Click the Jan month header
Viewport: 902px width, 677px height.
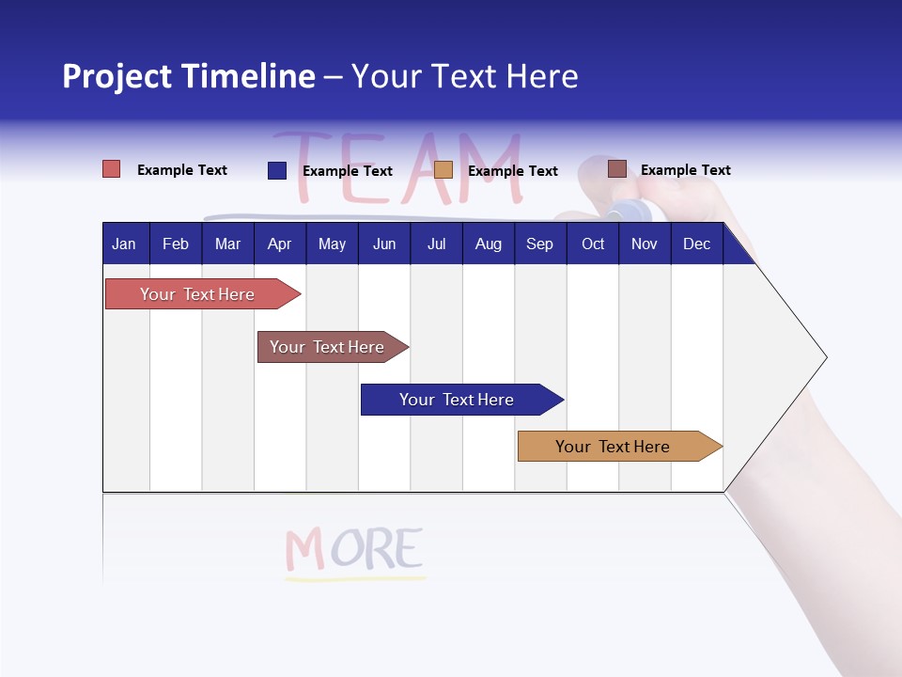click(x=124, y=244)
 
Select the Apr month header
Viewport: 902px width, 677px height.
click(x=279, y=244)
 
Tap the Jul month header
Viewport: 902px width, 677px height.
click(x=436, y=244)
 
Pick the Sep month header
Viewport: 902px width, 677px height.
click(x=539, y=244)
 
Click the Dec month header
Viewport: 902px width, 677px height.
click(x=696, y=244)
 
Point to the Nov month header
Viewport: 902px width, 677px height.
click(x=644, y=244)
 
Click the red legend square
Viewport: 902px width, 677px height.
click(x=112, y=169)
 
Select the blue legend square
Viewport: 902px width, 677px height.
click(x=277, y=170)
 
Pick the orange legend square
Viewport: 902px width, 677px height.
click(x=443, y=170)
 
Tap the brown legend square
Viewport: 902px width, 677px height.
click(x=617, y=169)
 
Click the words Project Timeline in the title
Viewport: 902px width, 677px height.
click(x=188, y=76)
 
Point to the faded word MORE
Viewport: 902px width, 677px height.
click(x=354, y=550)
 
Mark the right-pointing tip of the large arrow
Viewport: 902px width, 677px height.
click(x=824, y=357)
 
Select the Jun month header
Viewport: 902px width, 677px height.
click(x=383, y=244)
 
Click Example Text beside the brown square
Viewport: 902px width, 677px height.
click(x=685, y=170)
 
